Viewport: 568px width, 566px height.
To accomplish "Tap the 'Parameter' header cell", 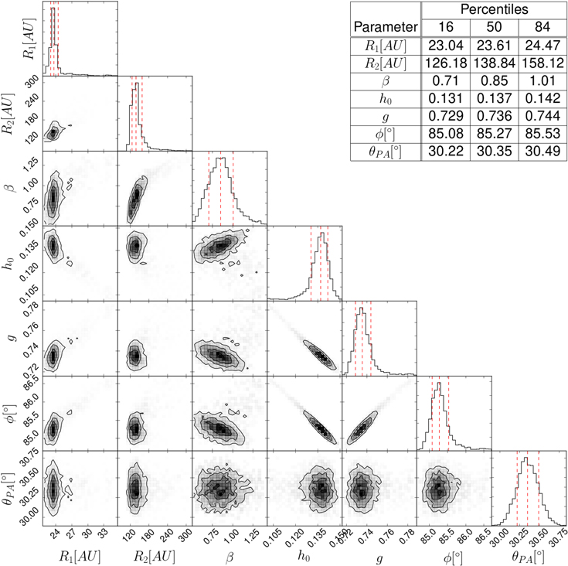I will tap(384, 27).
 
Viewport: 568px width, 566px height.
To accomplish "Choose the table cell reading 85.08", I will tap(444, 134).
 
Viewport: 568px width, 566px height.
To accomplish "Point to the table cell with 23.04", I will tap(444, 45).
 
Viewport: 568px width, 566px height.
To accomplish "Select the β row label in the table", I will tap(384, 80).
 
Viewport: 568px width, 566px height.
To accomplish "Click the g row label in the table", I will tap(384, 116).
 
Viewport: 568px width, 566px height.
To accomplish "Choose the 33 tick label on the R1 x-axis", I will tap(101, 534).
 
